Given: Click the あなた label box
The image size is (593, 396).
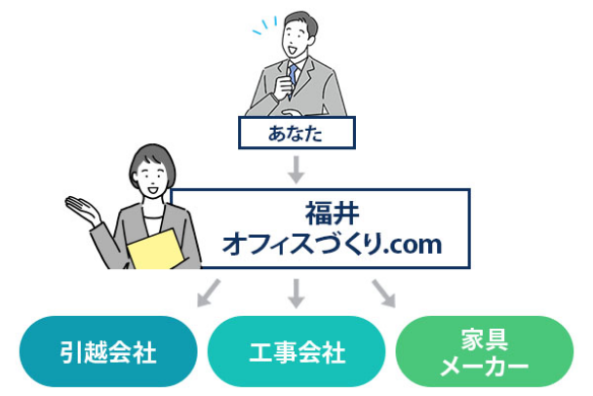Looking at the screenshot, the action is click(x=296, y=133).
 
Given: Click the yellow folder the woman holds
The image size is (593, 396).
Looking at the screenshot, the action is click(x=155, y=250).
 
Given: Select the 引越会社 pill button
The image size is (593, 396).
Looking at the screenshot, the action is click(x=108, y=351).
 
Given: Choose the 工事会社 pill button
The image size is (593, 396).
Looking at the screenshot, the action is click(x=296, y=351).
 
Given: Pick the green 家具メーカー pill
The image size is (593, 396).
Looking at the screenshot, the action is click(x=485, y=351).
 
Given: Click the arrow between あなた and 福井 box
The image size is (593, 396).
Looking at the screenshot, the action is click(x=296, y=170).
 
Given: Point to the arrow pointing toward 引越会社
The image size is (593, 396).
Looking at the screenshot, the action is click(x=209, y=293).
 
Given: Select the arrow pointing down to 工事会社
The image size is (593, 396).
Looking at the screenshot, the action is click(x=296, y=294).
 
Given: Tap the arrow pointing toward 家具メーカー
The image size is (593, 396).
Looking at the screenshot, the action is click(x=384, y=294).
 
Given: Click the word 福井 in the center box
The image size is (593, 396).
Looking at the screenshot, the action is click(x=332, y=214).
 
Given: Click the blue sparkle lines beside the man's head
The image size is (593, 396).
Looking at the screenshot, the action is click(x=264, y=25).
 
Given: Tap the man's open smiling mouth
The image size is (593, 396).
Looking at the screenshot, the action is click(x=293, y=50).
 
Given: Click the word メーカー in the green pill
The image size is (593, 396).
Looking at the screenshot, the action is click(x=485, y=367).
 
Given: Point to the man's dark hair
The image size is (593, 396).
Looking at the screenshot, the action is click(x=301, y=21).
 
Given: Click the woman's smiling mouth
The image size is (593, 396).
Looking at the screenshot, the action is click(x=152, y=188).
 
